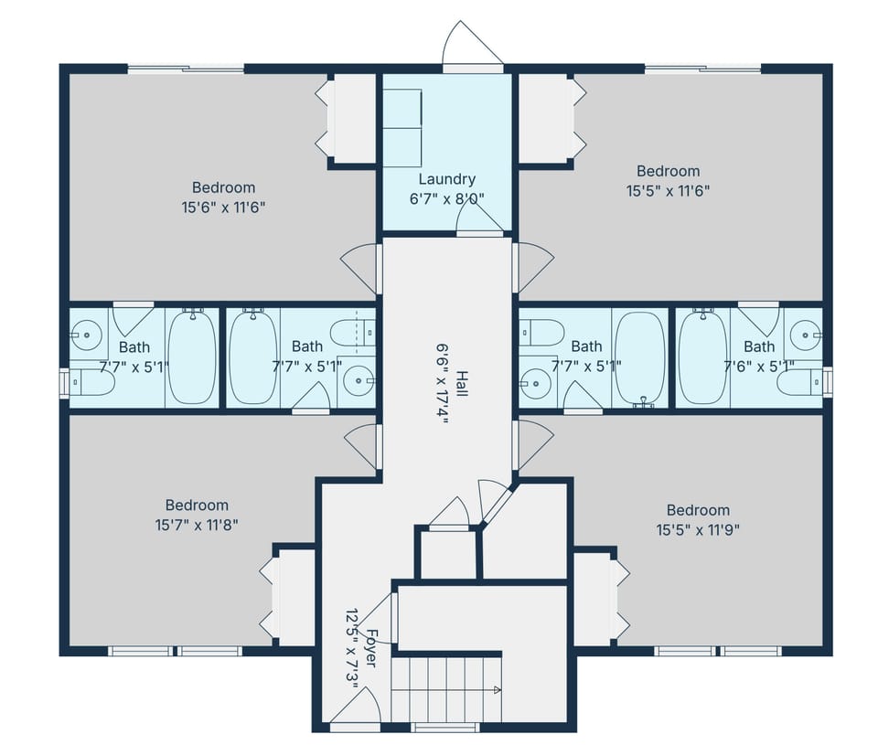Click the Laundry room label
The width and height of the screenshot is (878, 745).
point(446,179)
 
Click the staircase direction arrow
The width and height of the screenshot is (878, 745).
point(495,688)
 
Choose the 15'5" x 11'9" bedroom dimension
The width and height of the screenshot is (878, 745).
point(698,529)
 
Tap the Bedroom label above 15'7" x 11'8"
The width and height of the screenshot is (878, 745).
point(197,505)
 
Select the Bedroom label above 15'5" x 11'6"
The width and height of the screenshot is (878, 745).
point(668,171)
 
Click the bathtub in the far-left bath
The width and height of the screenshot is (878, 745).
point(191,357)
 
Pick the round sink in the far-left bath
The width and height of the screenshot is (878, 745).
point(87,335)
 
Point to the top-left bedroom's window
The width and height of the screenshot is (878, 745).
point(186,69)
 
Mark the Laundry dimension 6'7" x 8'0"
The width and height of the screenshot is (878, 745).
point(446,198)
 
